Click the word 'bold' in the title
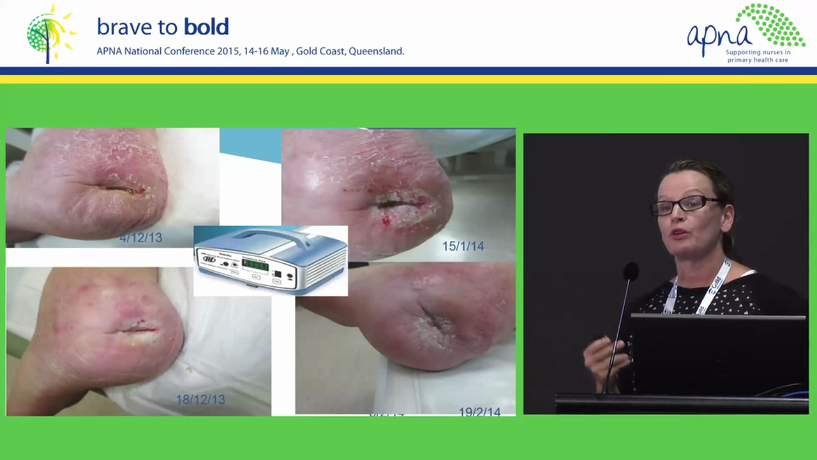(x=206, y=27)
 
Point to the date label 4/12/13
(x=140, y=238)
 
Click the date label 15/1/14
(x=463, y=246)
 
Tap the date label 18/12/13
(x=200, y=399)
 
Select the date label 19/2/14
(x=479, y=412)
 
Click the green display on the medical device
(x=255, y=264)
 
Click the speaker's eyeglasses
(x=684, y=205)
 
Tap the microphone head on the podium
(x=631, y=272)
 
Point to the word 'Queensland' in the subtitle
(x=377, y=51)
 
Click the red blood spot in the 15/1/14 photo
(x=386, y=220)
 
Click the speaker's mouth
(x=679, y=233)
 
